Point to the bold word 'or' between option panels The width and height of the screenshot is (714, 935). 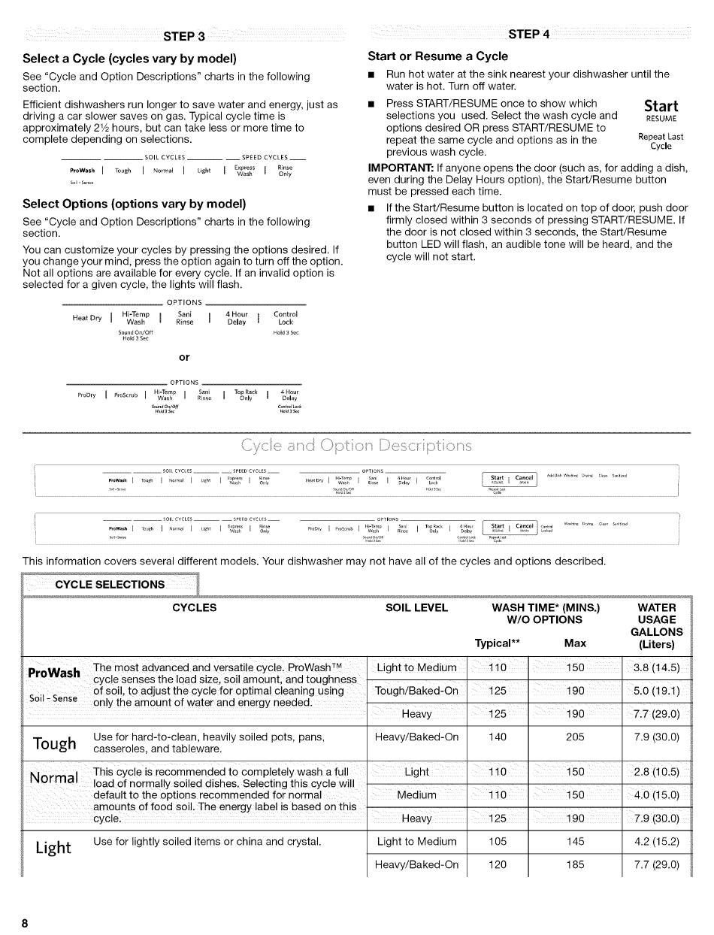184,357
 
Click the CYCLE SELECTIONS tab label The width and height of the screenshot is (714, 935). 115,584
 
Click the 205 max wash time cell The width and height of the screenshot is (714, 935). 575,737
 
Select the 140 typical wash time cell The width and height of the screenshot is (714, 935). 498,737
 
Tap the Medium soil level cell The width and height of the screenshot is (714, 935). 416,795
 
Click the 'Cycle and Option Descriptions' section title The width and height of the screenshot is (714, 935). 356,446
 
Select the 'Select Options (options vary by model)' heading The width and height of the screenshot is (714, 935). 135,204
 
